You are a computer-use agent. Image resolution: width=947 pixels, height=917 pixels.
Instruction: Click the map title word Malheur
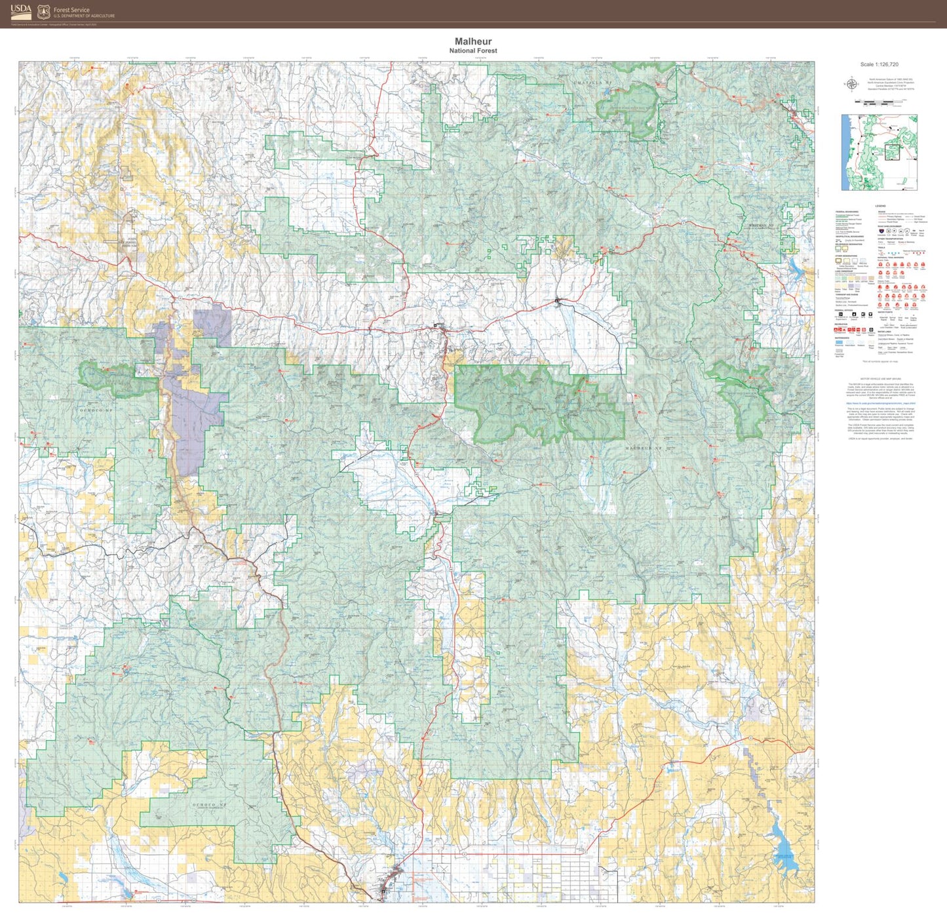pyautogui.click(x=473, y=41)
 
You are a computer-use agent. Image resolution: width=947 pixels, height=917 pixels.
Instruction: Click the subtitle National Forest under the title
pyautogui.click(x=473, y=50)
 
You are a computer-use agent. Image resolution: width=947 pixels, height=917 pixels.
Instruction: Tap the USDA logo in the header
pyautogui.click(x=21, y=11)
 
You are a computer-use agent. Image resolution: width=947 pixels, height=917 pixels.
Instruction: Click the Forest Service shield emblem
pyautogui.click(x=43, y=12)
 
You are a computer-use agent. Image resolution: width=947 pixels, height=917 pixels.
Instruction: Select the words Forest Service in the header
pyautogui.click(x=71, y=10)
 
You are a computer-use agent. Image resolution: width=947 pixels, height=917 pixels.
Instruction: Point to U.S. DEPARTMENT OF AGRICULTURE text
pyautogui.click(x=84, y=16)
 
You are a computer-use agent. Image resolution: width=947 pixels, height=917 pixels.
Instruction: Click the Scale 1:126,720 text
pyautogui.click(x=879, y=65)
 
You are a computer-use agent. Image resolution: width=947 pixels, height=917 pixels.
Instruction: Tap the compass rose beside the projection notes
pyautogui.click(x=851, y=84)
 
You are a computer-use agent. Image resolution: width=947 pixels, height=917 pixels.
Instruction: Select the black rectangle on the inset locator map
pyautogui.click(x=893, y=152)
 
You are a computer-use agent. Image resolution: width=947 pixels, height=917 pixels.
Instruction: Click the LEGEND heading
pyautogui.click(x=880, y=206)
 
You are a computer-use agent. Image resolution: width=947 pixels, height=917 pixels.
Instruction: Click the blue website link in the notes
pyautogui.click(x=879, y=404)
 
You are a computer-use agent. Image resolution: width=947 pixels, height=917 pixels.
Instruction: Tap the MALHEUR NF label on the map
pyautogui.click(x=644, y=448)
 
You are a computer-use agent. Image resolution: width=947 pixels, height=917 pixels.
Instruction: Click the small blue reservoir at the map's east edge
pyautogui.click(x=797, y=267)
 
